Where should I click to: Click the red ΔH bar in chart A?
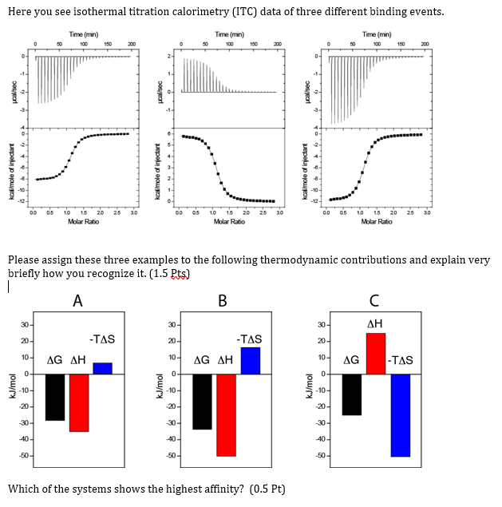[x=79, y=402]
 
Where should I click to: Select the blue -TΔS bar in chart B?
[x=251, y=361]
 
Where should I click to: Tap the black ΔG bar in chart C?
[x=352, y=394]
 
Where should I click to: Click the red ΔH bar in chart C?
[x=376, y=353]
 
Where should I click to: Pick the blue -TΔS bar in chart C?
[x=400, y=414]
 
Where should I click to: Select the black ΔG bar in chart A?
[x=55, y=397]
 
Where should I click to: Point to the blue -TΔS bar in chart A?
[x=103, y=368]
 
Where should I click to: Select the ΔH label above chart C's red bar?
[x=375, y=322]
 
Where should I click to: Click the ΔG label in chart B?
[x=202, y=360]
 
